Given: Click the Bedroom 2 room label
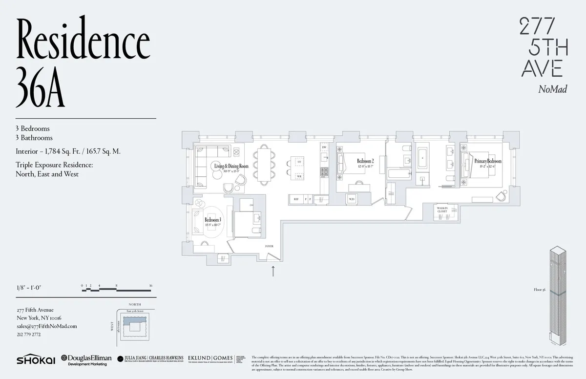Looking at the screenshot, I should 365,161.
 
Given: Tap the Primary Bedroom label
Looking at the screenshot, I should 487,161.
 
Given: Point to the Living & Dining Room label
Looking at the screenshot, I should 231,166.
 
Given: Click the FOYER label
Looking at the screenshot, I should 269,247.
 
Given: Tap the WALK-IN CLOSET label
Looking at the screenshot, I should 442,210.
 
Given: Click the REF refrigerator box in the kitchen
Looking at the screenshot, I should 295,199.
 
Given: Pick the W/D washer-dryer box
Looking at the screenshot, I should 351,199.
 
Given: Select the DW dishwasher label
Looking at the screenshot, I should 323,147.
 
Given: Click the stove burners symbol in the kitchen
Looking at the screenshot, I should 323,171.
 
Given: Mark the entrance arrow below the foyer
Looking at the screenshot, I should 273,271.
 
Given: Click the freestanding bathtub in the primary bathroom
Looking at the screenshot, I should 422,157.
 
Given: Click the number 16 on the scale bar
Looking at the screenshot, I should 151,285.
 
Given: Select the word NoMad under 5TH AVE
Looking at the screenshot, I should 552,89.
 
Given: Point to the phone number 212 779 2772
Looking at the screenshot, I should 29,335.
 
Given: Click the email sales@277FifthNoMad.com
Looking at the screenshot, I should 46,326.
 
